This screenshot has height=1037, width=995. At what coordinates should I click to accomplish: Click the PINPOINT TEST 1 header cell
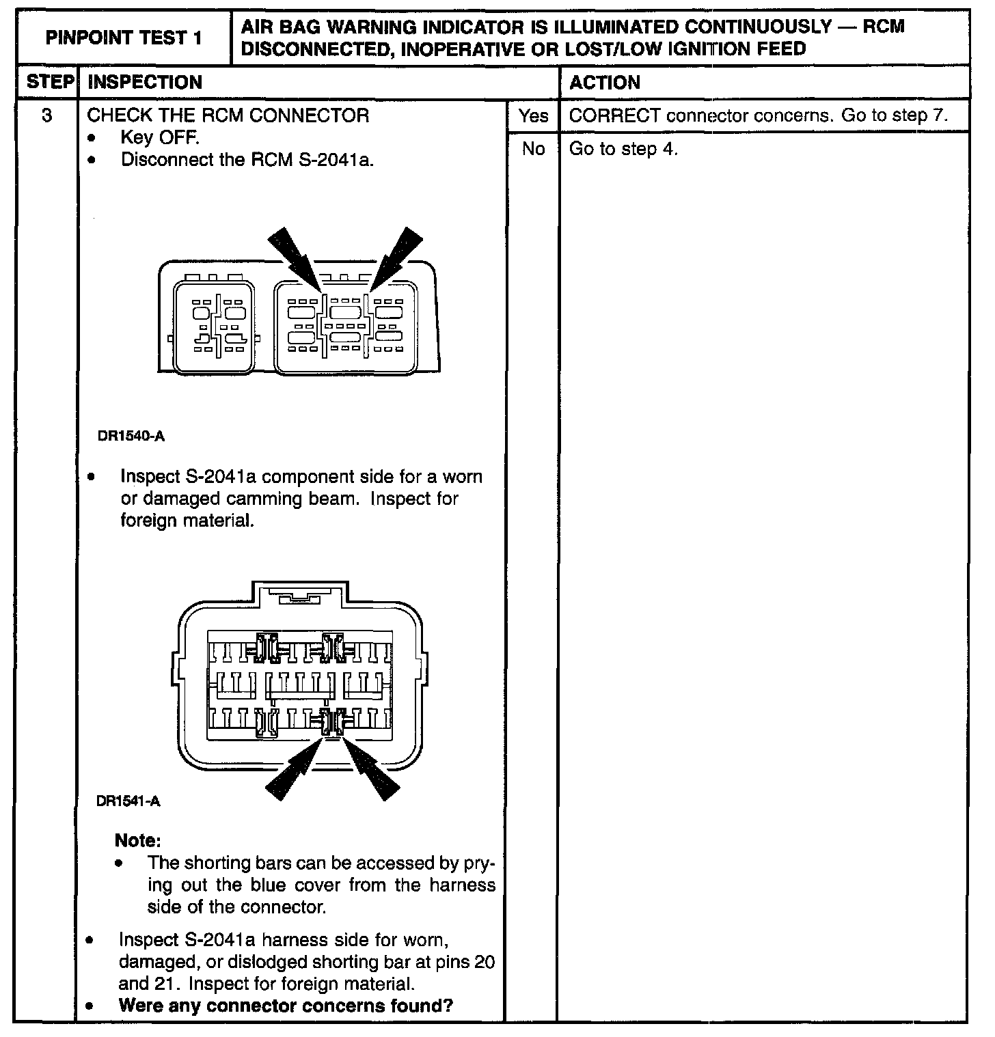click(x=124, y=38)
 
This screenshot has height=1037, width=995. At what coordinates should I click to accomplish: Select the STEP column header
click(x=49, y=83)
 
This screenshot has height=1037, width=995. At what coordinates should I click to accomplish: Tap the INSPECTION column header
click(x=146, y=83)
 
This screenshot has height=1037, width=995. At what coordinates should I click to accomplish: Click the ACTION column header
click(x=605, y=83)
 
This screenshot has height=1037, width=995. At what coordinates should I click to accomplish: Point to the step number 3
click(x=46, y=115)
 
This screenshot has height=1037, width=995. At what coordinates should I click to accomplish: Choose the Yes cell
click(x=533, y=116)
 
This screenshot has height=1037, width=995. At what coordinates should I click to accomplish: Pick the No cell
click(x=533, y=149)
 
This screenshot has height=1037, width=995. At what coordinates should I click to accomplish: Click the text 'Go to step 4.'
click(x=623, y=149)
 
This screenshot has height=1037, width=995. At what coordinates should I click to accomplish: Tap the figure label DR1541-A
click(x=129, y=801)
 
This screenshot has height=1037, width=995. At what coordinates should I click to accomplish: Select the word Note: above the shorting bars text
click(x=137, y=840)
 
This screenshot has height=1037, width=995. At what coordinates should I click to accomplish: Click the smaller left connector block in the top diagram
click(x=216, y=324)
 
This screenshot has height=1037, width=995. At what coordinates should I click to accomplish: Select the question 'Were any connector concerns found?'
click(x=286, y=1006)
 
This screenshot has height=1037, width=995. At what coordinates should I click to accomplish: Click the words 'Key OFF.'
click(x=159, y=137)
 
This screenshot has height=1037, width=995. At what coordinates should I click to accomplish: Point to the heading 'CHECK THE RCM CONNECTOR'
click(x=228, y=115)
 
